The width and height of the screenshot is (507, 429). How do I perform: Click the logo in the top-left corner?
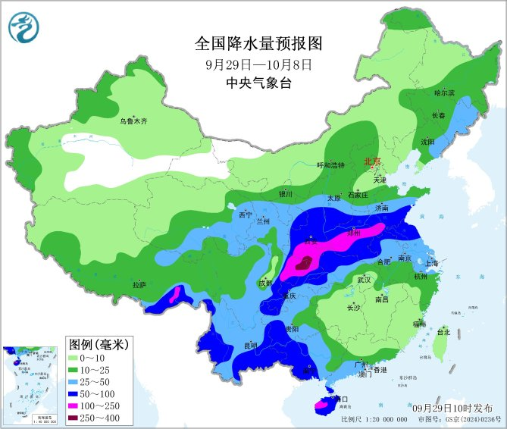click(24, 27)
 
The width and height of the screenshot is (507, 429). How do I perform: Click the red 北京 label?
click(373, 161)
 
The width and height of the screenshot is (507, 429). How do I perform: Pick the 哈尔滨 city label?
click(444, 92)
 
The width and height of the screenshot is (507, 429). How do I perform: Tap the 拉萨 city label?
click(139, 285)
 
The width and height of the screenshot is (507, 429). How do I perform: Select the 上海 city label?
click(432, 263)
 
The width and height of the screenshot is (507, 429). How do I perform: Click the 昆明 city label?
click(250, 346)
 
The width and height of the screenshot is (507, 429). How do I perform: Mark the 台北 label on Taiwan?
click(443, 332)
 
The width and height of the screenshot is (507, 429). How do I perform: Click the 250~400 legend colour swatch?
click(77, 417)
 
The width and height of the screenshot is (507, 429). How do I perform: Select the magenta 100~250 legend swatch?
click(77, 405)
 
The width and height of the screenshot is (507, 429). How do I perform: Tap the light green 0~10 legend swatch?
click(77, 357)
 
